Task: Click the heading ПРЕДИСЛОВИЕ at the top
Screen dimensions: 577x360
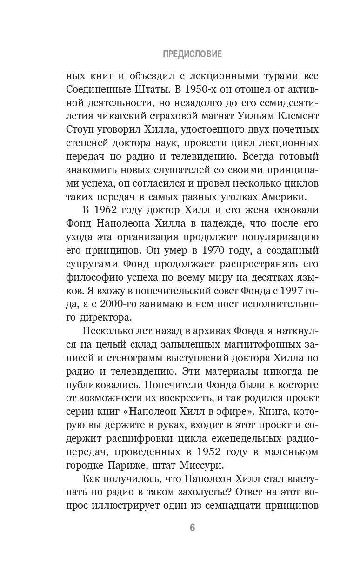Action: [x=193, y=54]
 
